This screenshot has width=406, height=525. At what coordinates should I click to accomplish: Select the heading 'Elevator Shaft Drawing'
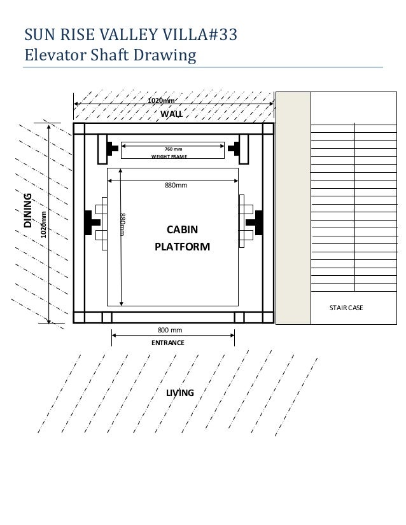(x=109, y=55)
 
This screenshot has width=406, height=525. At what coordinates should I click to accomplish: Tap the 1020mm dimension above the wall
(x=161, y=100)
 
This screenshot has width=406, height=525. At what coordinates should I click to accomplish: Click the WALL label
(x=171, y=114)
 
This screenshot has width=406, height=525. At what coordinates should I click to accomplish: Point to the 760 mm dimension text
(x=173, y=149)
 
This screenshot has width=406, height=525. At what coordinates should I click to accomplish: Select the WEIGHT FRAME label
(x=169, y=156)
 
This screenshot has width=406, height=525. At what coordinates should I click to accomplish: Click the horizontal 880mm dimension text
(x=176, y=185)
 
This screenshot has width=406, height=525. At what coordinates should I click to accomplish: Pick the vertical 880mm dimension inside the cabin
(x=123, y=224)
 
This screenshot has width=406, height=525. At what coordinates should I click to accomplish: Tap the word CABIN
(x=182, y=230)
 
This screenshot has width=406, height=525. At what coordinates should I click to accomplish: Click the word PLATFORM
(x=182, y=247)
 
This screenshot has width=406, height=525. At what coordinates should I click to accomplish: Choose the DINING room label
(x=27, y=211)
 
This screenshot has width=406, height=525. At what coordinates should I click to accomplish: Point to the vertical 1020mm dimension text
(x=43, y=224)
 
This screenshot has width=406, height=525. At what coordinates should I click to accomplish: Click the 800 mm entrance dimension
(x=170, y=331)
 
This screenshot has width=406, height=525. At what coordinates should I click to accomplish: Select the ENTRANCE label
(x=168, y=343)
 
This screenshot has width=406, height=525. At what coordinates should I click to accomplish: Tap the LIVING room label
(x=180, y=393)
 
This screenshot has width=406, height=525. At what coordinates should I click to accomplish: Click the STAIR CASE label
(x=346, y=308)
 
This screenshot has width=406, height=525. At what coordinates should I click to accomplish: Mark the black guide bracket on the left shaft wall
(x=88, y=222)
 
